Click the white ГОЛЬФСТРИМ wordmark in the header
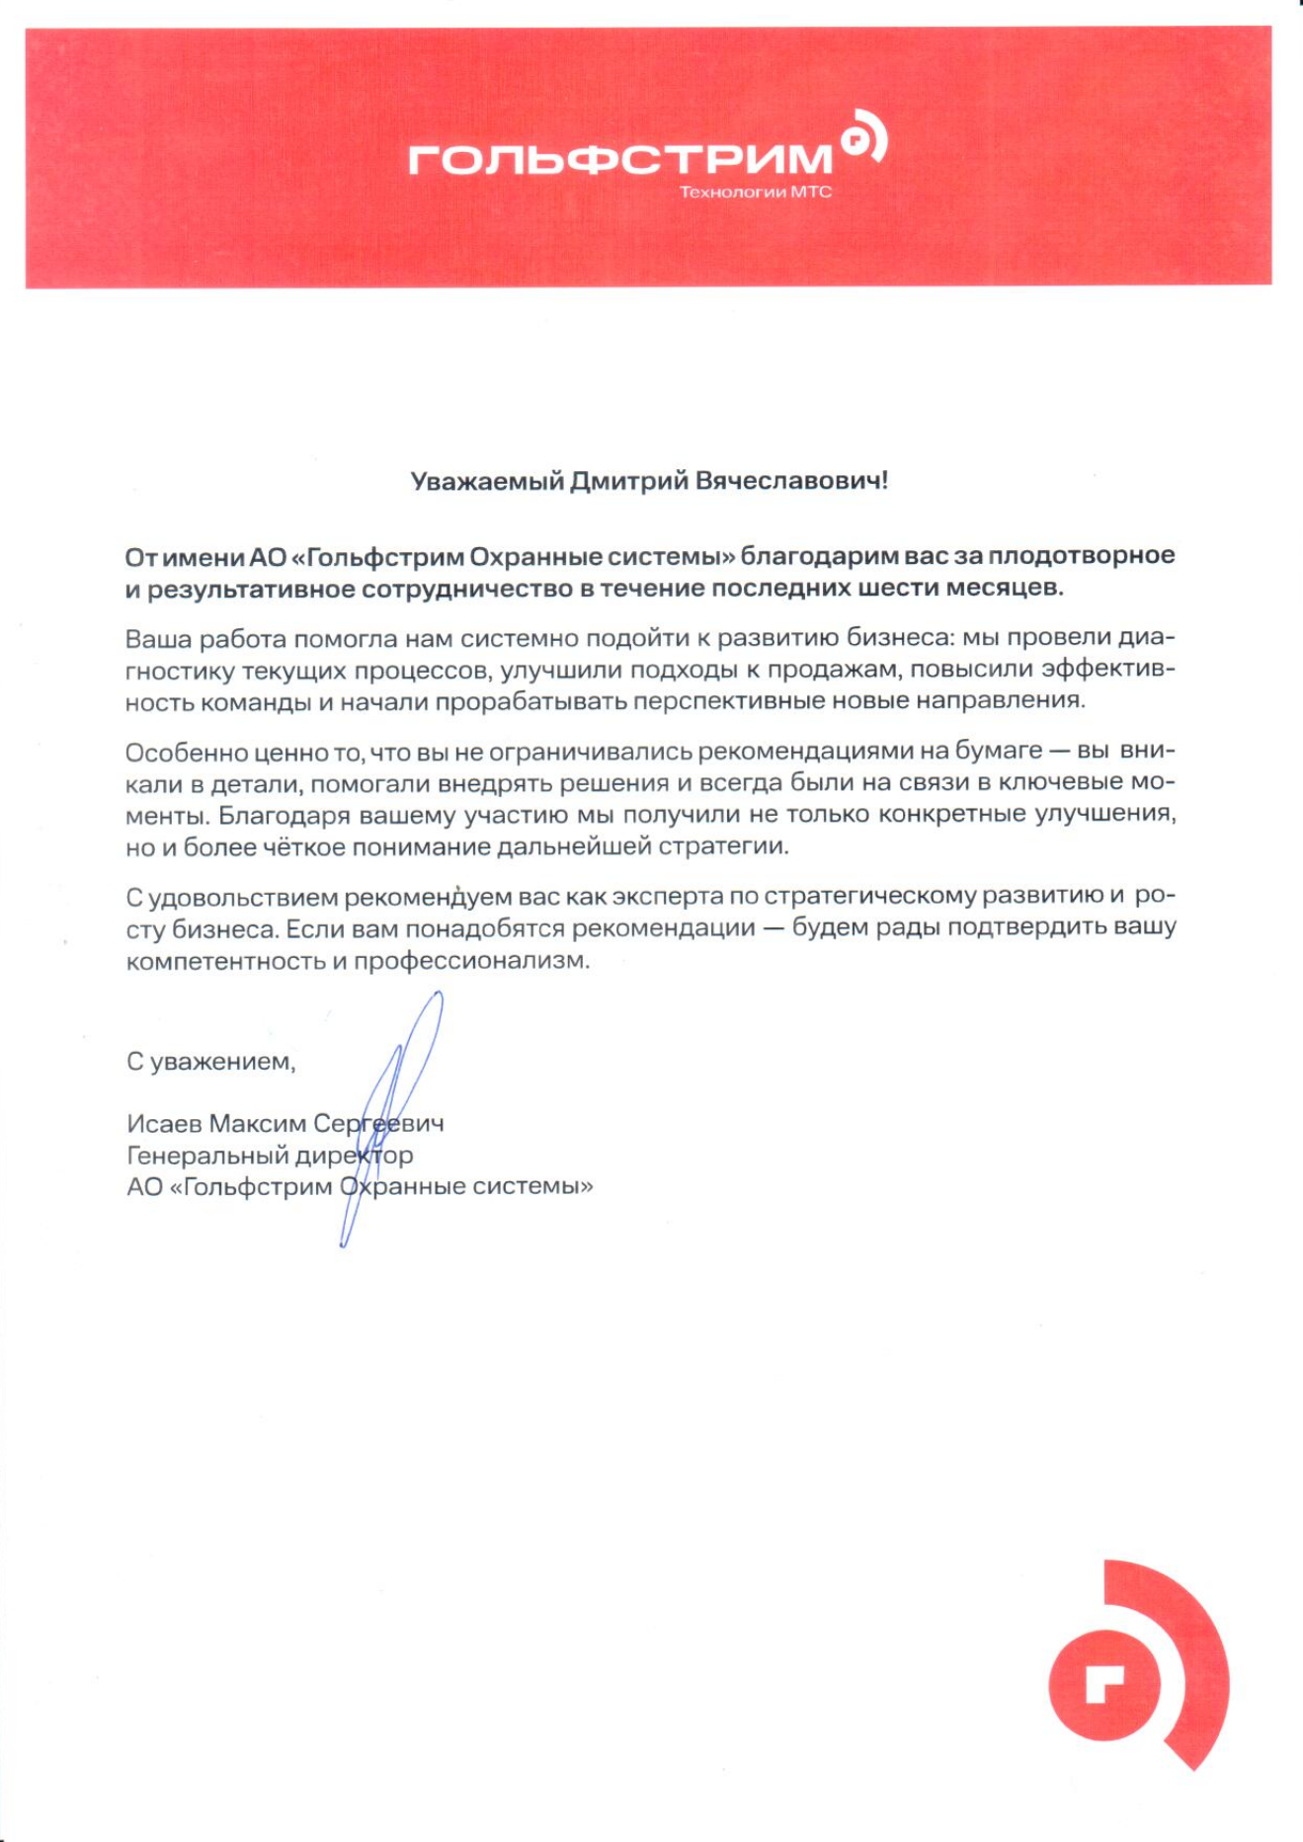point(620,158)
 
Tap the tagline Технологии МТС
point(756,192)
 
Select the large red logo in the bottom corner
point(1137,1664)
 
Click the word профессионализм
point(471,960)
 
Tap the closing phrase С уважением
point(210,1062)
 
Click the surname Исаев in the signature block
point(164,1123)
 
